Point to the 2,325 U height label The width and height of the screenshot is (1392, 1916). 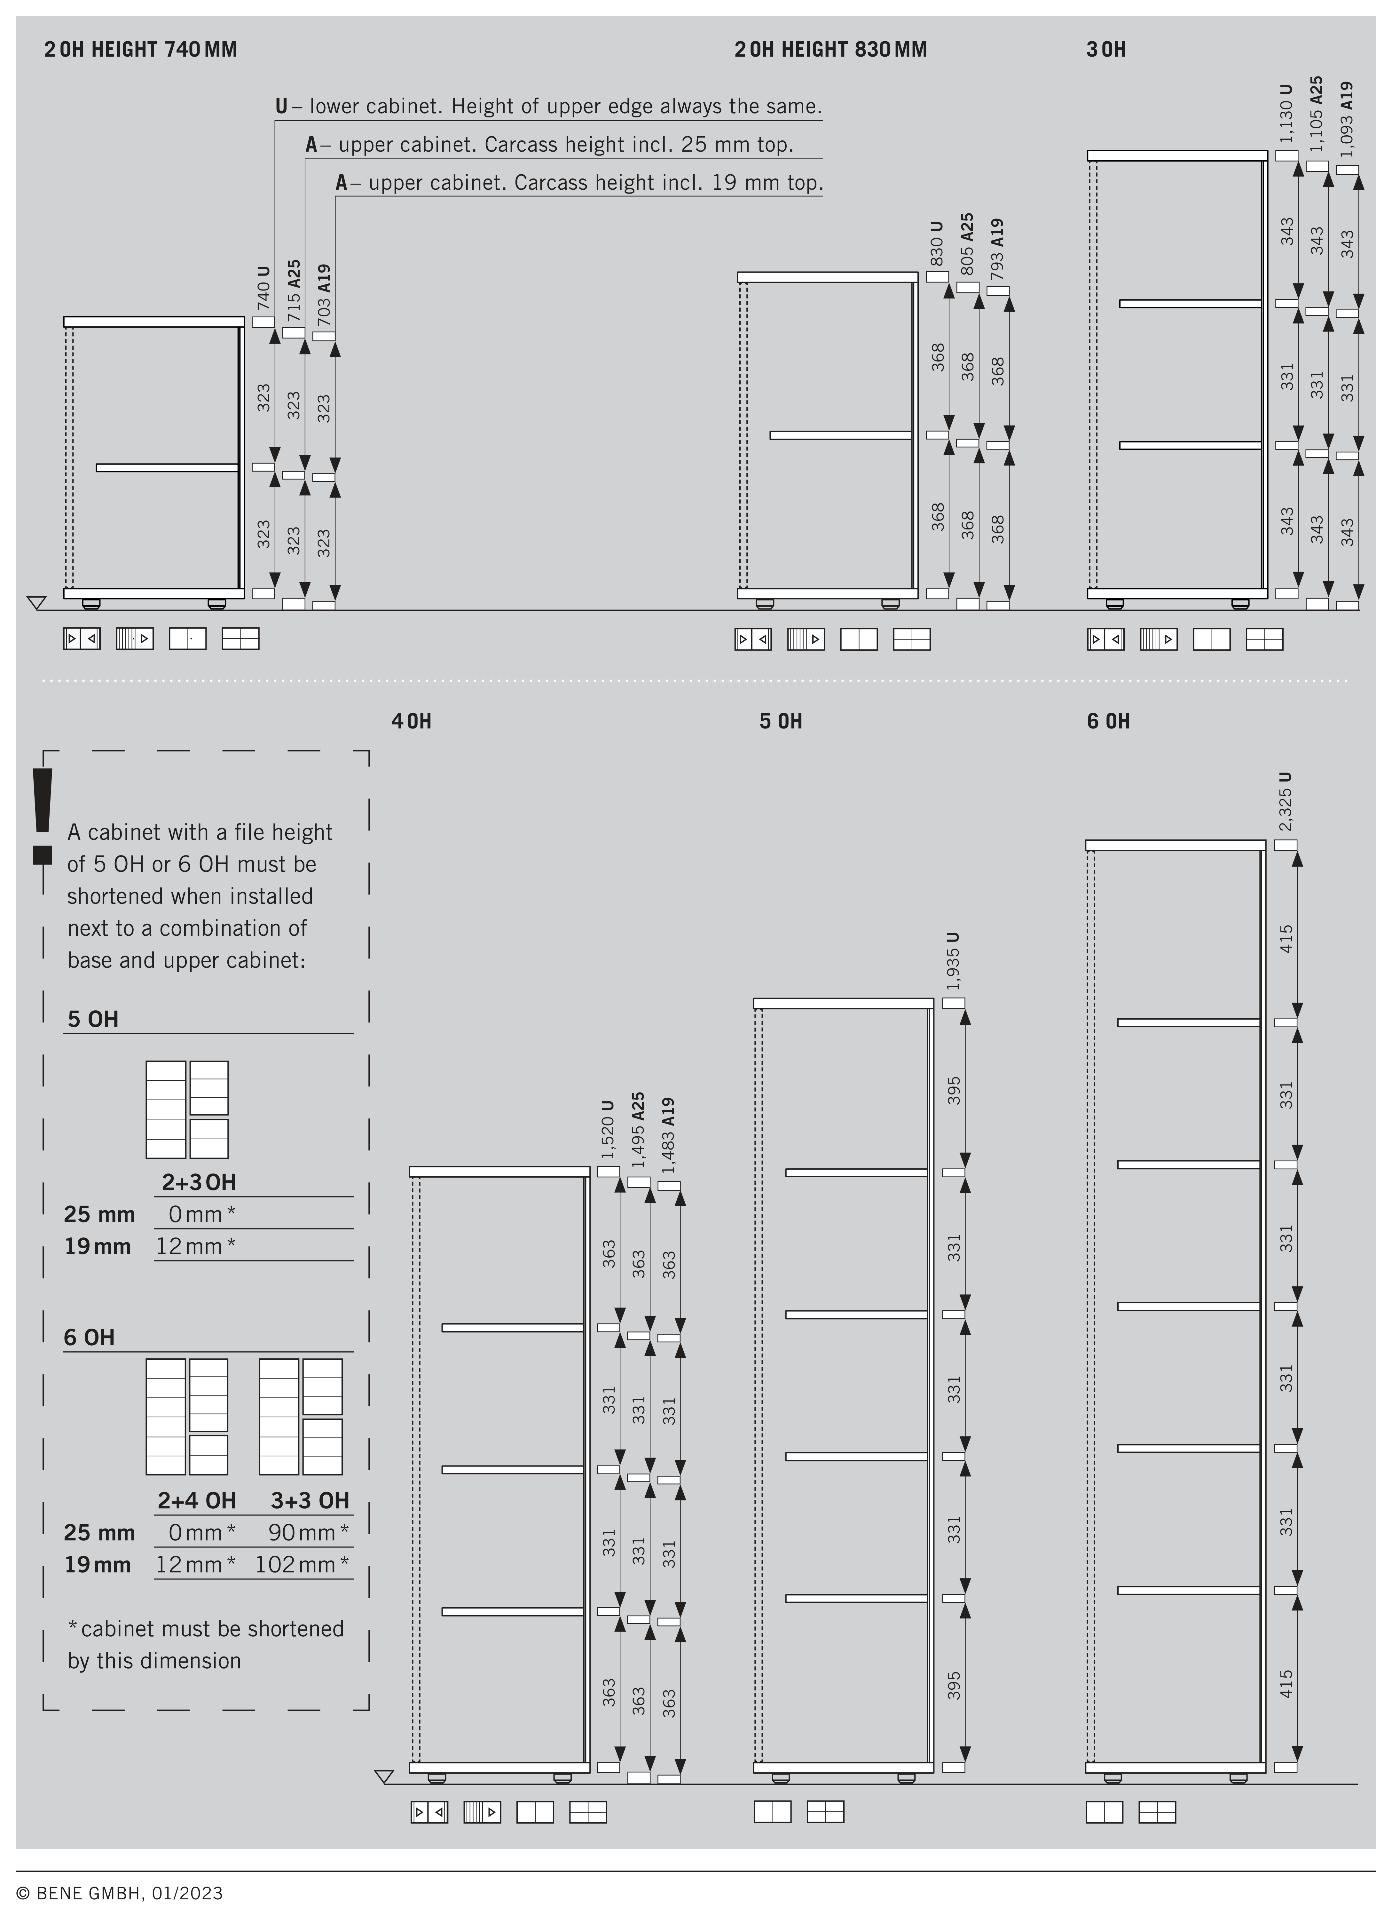[x=1285, y=801]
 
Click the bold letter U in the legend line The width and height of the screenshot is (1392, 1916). [x=281, y=107]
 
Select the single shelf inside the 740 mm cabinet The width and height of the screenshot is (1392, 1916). [x=167, y=467]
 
